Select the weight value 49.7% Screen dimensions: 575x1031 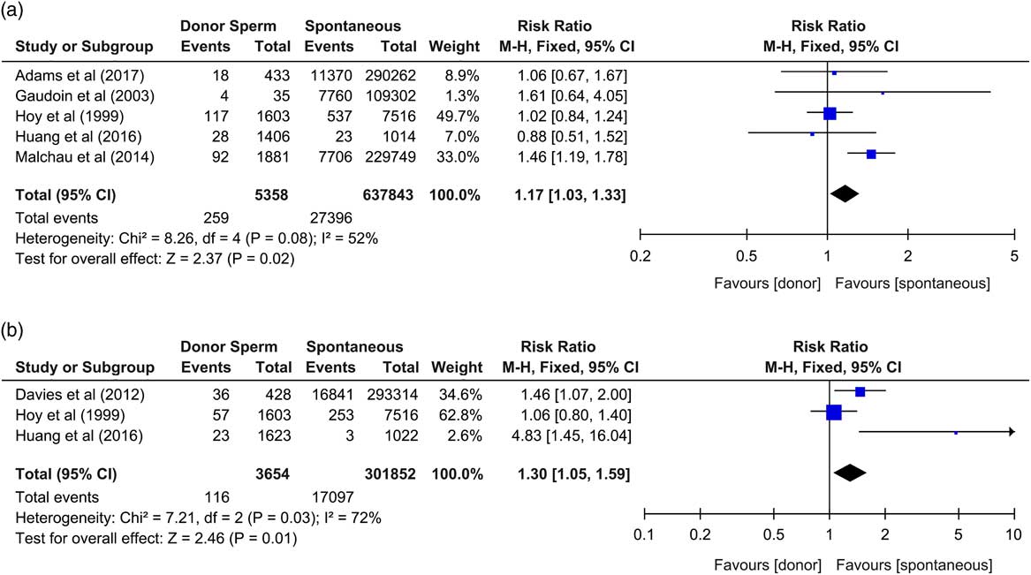coord(459,115)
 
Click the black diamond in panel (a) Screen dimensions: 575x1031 coord(845,194)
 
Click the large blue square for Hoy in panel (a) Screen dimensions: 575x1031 coord(830,113)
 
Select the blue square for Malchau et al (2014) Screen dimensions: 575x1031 coord(871,155)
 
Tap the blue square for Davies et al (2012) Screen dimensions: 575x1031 coord(860,390)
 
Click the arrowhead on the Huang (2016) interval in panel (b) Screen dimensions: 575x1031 coord(1010,432)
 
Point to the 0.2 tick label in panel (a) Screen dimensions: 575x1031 coord(640,256)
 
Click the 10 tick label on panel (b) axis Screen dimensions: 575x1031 coord(1012,534)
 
